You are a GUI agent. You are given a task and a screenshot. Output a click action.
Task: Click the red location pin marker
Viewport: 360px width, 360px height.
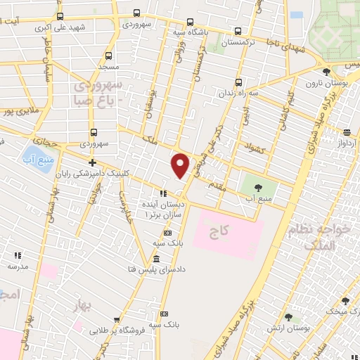[x=181, y=165]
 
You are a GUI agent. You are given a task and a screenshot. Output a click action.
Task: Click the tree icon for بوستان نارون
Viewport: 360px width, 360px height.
[x=326, y=72]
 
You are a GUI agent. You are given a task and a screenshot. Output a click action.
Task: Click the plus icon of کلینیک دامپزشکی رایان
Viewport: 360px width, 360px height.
[x=82, y=163]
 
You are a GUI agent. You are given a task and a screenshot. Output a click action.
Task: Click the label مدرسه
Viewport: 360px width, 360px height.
[x=18, y=267]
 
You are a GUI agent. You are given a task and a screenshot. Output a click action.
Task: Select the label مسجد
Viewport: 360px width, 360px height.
[x=107, y=67]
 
